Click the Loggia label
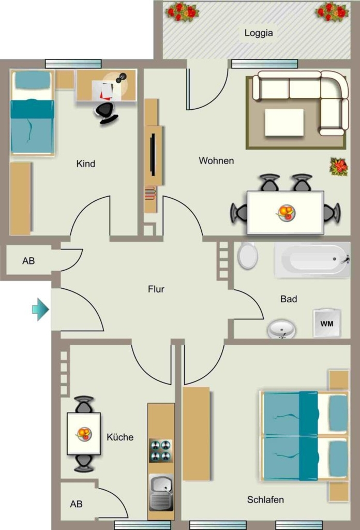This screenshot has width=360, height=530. click(258, 33)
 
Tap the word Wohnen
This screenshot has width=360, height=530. click(216, 160)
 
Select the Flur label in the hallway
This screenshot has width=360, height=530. click(156, 289)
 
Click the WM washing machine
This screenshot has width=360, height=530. click(326, 323)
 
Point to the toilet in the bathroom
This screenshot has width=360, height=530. click(248, 255)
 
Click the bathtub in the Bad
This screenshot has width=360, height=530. click(312, 260)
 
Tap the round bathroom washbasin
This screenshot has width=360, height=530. click(282, 329)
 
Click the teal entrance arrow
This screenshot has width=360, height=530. click(40, 310)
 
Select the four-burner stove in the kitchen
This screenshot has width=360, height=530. click(161, 451)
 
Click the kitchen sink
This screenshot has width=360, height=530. click(161, 492)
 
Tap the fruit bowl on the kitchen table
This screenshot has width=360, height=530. click(84, 433)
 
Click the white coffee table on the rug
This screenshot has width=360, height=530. click(284, 122)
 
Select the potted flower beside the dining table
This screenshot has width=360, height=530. click(339, 167)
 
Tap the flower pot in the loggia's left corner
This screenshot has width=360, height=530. click(182, 12)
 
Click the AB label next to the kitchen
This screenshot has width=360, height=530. click(77, 504)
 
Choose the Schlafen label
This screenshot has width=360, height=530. click(265, 499)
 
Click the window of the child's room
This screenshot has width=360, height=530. click(73, 64)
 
